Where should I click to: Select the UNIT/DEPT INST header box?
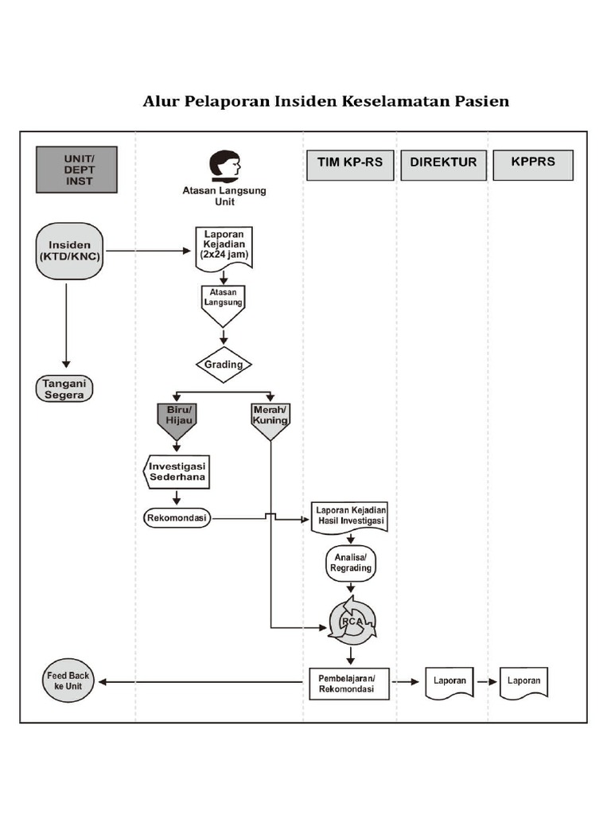[76, 170]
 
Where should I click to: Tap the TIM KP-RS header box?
[350, 163]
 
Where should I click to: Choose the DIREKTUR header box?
[443, 163]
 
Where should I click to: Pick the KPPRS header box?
[533, 163]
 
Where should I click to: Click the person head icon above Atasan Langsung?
[224, 165]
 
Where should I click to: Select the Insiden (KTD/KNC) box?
[70, 251]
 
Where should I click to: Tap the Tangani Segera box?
[64, 389]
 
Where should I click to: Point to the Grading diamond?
[224, 365]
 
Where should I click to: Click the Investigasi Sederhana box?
[177, 471]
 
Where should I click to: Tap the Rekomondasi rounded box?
[177, 518]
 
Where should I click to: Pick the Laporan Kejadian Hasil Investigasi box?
[351, 515]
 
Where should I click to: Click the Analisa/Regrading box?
[350, 563]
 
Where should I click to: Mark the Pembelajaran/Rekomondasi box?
[348, 683]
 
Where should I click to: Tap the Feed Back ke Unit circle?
[68, 680]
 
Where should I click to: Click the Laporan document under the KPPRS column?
[523, 681]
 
